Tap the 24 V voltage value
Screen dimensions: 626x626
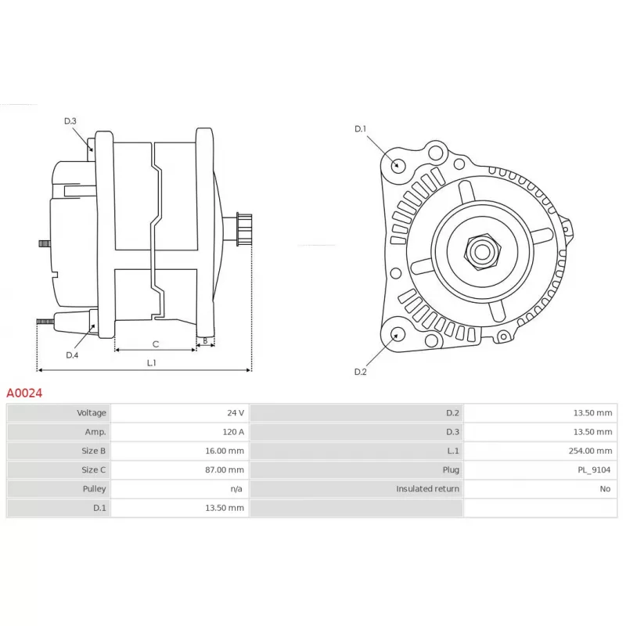point(236,413)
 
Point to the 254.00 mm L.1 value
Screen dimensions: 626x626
point(590,451)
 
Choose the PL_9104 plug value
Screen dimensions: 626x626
point(596,469)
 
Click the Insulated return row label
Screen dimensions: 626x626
point(427,488)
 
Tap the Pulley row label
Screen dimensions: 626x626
point(94,488)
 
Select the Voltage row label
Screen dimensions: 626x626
point(91,413)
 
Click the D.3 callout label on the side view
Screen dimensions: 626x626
point(70,121)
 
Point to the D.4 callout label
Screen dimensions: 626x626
point(72,355)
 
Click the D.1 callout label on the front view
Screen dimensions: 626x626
point(360,128)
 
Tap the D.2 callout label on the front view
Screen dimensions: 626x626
point(360,372)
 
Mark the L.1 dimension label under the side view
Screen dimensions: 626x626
point(151,362)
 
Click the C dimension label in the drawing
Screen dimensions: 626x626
point(155,344)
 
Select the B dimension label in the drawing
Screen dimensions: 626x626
point(205,340)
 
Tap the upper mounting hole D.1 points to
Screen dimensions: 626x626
point(398,164)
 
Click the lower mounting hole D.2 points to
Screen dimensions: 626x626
point(396,336)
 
